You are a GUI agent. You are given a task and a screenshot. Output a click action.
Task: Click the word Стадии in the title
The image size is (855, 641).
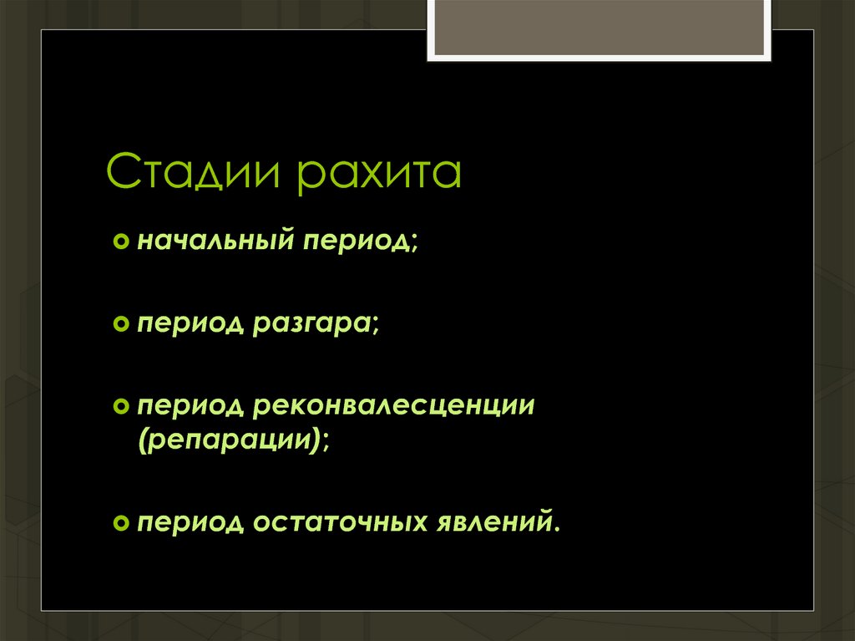click(195, 172)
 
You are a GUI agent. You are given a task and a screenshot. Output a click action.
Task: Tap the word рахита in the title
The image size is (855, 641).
click(380, 172)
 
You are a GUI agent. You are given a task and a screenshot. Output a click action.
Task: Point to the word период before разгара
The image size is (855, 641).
click(189, 323)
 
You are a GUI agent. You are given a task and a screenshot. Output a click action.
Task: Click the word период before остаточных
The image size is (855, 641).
click(189, 521)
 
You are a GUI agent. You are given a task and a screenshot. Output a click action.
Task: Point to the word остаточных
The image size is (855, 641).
click(341, 521)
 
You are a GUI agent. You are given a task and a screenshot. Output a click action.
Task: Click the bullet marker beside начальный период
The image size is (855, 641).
click(120, 242)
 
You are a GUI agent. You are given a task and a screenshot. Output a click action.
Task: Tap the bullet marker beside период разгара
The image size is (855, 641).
click(120, 323)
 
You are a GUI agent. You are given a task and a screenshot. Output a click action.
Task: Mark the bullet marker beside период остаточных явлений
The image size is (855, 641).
click(120, 521)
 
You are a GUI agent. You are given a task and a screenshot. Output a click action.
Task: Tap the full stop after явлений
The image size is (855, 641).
click(553, 529)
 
